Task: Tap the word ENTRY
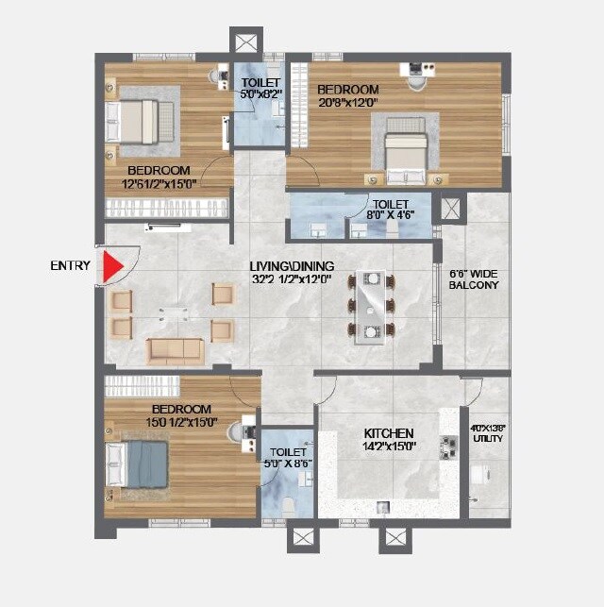(71, 266)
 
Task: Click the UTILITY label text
(488, 438)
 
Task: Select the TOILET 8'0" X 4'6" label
(390, 209)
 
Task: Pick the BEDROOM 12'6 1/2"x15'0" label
(159, 177)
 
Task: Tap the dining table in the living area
(372, 306)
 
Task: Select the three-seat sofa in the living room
(175, 349)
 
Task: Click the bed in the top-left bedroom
(143, 121)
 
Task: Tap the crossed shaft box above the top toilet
(243, 42)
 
